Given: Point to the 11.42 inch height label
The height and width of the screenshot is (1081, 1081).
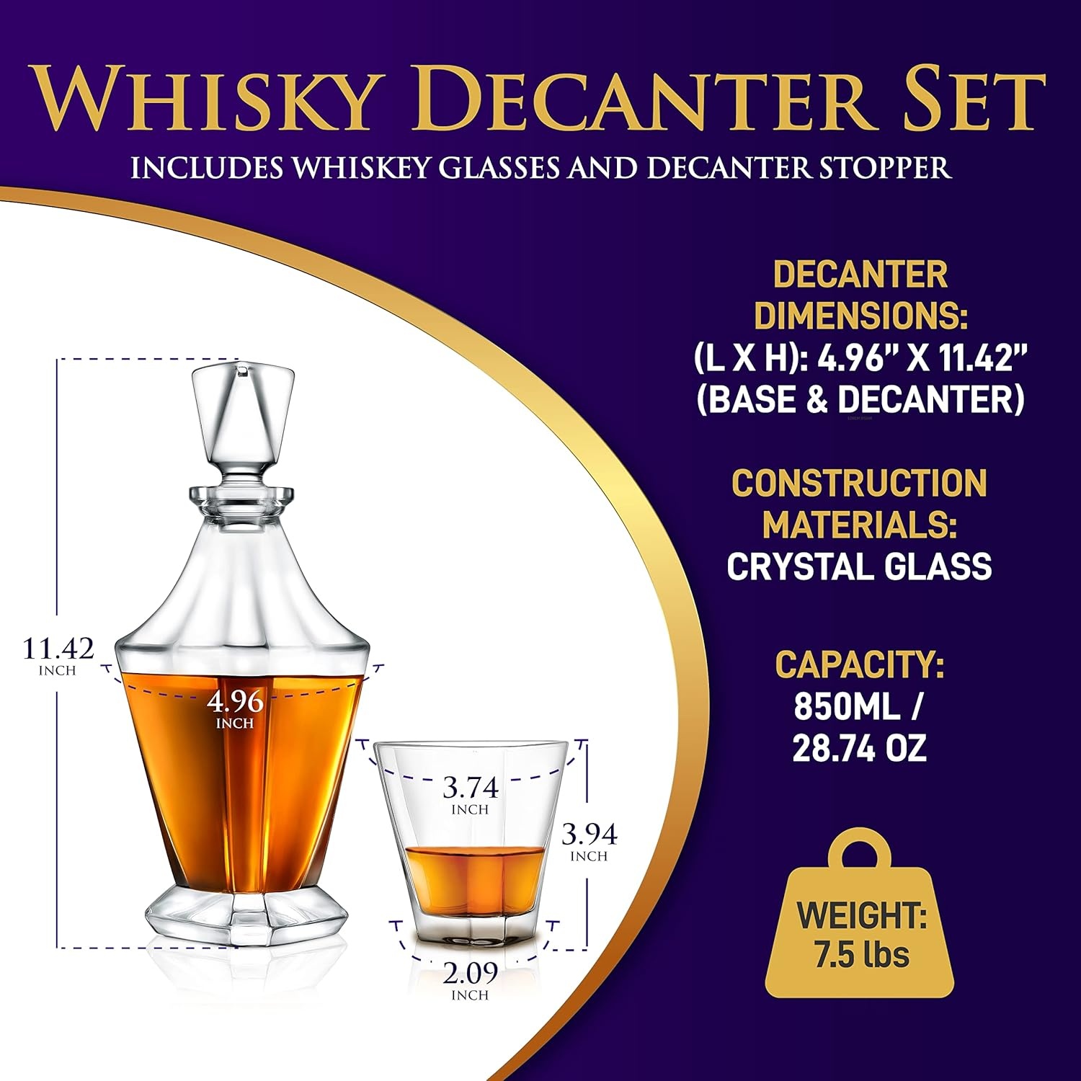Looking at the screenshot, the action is [58, 654].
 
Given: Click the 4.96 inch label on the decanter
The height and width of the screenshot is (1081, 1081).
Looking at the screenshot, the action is [235, 708].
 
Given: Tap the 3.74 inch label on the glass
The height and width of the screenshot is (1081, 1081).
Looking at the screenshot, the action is [470, 794].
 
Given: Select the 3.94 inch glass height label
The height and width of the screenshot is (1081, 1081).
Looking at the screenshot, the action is [589, 841].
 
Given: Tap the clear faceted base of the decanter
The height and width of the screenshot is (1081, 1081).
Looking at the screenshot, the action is [242, 911].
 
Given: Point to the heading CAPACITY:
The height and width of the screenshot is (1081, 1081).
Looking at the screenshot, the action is [859, 665].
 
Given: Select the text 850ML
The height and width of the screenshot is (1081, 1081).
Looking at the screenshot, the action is [848, 707].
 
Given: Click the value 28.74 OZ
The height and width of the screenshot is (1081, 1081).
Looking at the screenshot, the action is [859, 749].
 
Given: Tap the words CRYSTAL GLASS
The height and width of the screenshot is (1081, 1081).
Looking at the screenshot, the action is [859, 566].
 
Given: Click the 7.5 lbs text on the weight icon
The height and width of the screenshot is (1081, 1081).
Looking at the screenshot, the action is [862, 956].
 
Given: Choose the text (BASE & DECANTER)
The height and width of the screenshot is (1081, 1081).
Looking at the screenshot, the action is [860, 400].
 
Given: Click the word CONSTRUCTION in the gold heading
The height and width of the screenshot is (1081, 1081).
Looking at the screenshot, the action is [859, 483].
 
